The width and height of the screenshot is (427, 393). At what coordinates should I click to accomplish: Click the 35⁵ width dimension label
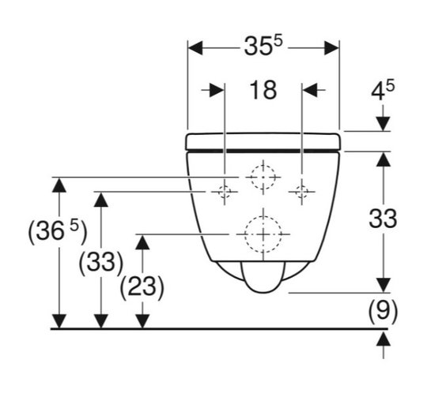click(x=263, y=47)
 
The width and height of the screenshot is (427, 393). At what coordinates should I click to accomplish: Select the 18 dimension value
click(x=263, y=90)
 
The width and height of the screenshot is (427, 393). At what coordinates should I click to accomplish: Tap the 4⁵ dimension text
click(x=383, y=91)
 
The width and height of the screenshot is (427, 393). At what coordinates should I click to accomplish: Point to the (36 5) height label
click(x=58, y=232)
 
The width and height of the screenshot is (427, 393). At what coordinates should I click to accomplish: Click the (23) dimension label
click(x=142, y=287)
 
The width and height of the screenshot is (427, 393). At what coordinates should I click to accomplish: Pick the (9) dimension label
click(x=383, y=310)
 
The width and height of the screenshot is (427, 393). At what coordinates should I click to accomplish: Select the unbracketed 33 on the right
click(x=383, y=219)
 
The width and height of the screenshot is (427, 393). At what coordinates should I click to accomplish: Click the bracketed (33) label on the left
click(x=101, y=262)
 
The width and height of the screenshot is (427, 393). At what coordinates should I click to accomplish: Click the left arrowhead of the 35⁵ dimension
click(x=195, y=48)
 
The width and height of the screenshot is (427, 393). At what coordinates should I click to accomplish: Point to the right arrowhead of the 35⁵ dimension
click(x=331, y=48)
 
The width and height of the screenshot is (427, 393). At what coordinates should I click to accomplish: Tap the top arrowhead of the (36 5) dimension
click(x=59, y=185)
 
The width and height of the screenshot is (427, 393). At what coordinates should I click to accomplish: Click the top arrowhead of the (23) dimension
click(x=142, y=242)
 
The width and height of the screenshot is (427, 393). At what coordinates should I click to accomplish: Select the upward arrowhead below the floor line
click(x=384, y=339)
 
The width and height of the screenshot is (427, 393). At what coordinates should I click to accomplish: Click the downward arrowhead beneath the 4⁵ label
click(x=384, y=124)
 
